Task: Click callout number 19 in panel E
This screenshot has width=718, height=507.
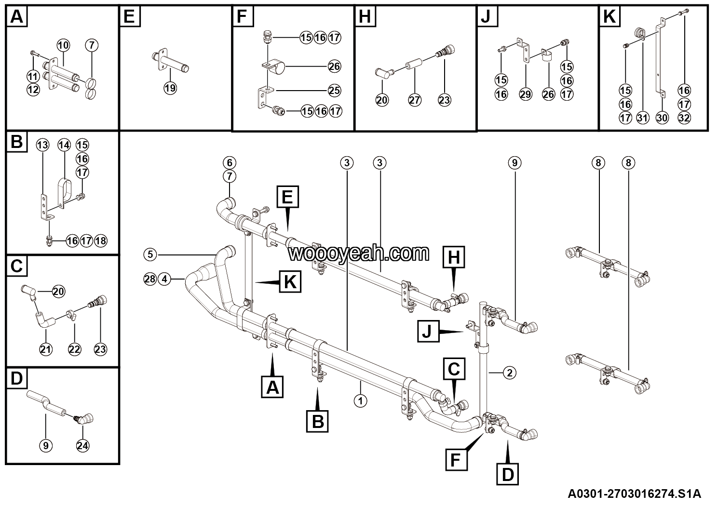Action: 170,88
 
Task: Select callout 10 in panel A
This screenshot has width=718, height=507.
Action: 63,45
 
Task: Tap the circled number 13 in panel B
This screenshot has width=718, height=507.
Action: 43,145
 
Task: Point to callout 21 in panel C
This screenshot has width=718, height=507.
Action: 46,349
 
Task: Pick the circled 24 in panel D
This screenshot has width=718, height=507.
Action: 82,446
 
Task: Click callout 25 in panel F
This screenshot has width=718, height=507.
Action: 334,90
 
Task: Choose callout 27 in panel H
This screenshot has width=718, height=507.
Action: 415,100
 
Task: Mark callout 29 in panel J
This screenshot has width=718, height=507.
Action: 526,94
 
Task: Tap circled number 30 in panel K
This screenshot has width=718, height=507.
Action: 663,117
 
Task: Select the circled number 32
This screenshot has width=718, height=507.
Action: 684,117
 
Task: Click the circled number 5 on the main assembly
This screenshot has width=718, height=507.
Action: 150,253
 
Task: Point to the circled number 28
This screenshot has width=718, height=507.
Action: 150,279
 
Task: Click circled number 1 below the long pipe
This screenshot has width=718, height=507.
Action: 360,400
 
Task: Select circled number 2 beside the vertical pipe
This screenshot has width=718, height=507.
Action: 509,372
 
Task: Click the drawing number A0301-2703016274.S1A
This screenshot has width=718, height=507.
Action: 634,494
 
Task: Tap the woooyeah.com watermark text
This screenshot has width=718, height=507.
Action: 359,253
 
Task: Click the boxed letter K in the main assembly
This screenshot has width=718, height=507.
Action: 290,281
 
